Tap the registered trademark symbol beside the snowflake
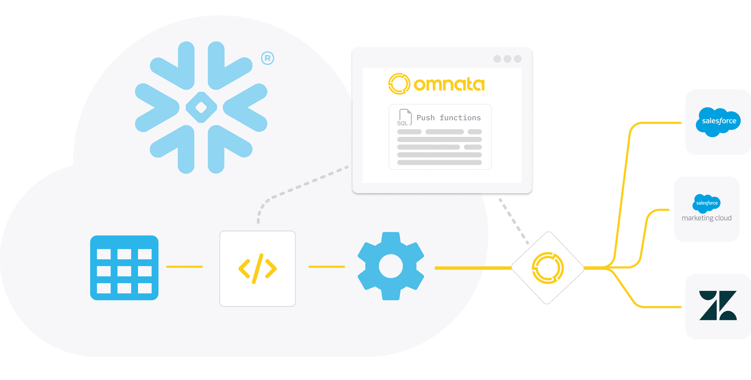click(x=267, y=58)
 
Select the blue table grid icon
click(x=124, y=268)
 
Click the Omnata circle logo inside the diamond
click(x=548, y=268)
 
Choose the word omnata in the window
click(x=449, y=84)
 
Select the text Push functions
click(x=448, y=118)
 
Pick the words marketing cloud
click(x=706, y=218)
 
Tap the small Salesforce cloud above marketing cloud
click(x=706, y=203)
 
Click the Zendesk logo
click(x=718, y=305)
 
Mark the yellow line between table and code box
click(x=184, y=267)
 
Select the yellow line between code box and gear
click(x=326, y=267)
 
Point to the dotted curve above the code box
click(x=291, y=189)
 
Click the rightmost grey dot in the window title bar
click(x=518, y=59)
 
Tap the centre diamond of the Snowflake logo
click(x=201, y=107)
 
